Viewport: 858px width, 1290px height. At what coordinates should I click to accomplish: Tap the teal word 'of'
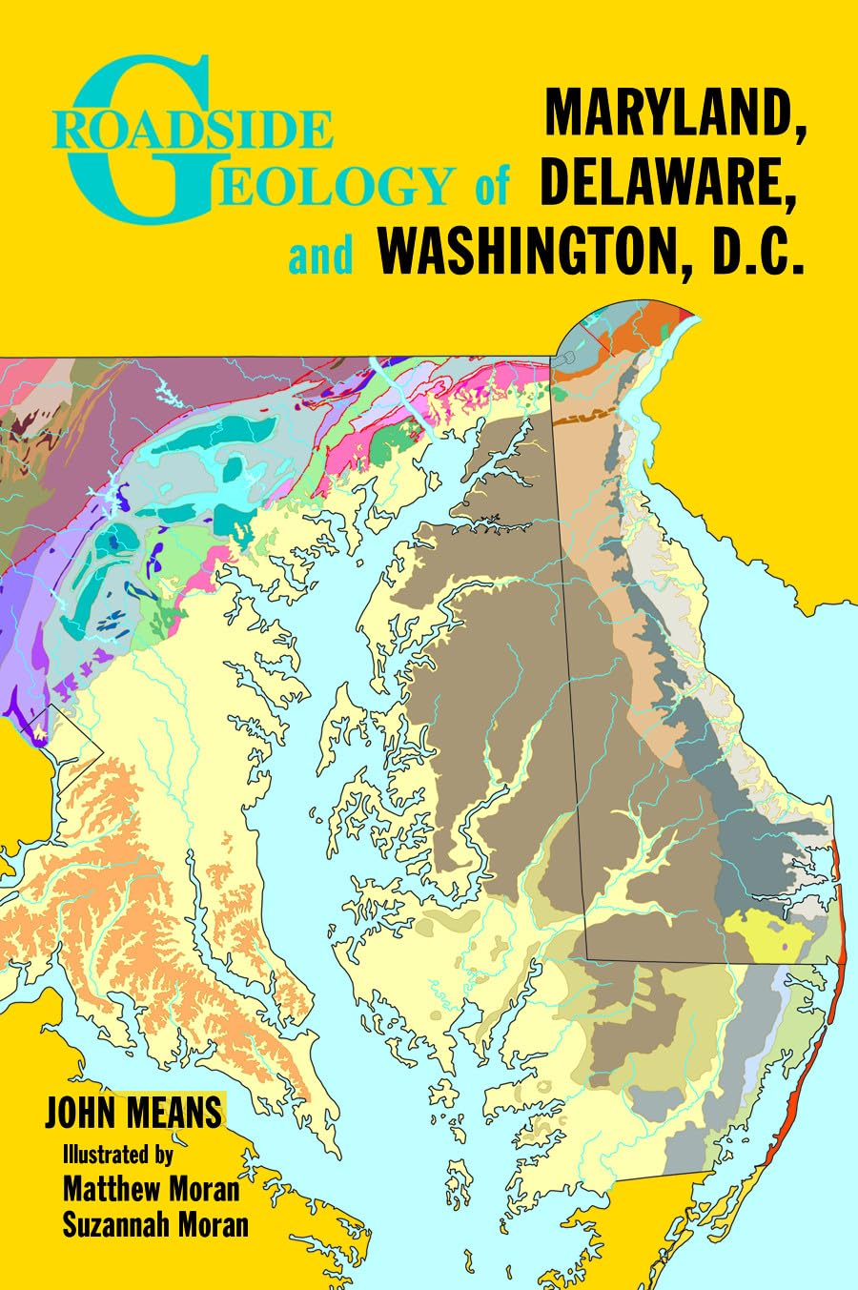point(491,186)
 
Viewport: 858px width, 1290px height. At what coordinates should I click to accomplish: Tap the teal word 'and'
point(320,256)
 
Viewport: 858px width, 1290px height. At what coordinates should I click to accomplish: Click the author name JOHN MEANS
point(133,1113)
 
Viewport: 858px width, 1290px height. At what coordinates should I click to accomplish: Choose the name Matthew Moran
point(151,1189)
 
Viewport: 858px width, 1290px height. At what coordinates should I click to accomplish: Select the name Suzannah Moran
point(154,1225)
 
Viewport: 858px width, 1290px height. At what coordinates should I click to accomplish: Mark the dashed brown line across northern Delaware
point(584,418)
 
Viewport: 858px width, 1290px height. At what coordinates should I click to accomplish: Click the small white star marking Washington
point(40,735)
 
